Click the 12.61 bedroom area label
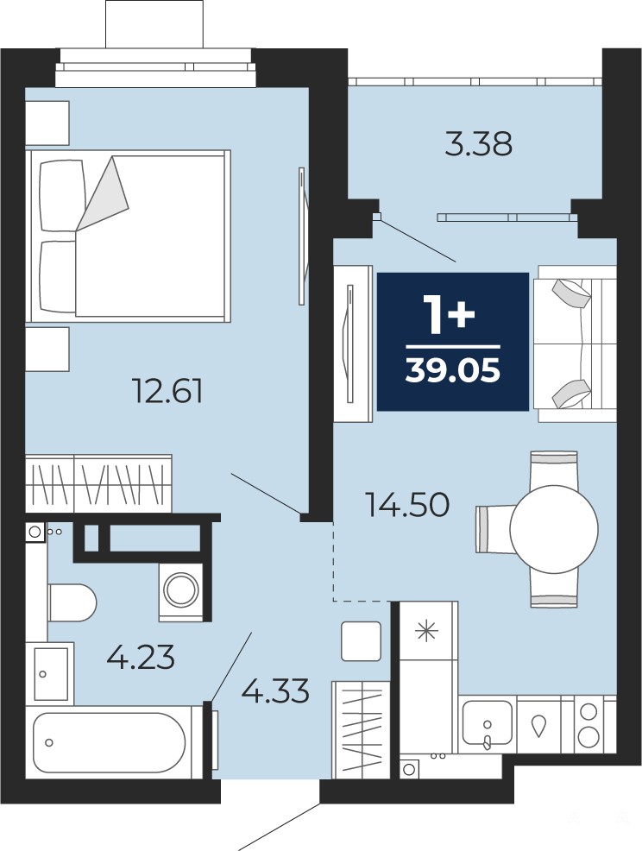167,391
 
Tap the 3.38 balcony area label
478,145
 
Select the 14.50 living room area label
407,505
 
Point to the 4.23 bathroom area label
142,658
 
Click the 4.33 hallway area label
275,691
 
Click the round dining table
553,528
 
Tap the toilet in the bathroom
72,602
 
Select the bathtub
109,742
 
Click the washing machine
180,592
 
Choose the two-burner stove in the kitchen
588,726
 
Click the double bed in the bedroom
128,236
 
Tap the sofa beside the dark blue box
576,343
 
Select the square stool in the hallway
362,641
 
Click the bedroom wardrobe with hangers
98,483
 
